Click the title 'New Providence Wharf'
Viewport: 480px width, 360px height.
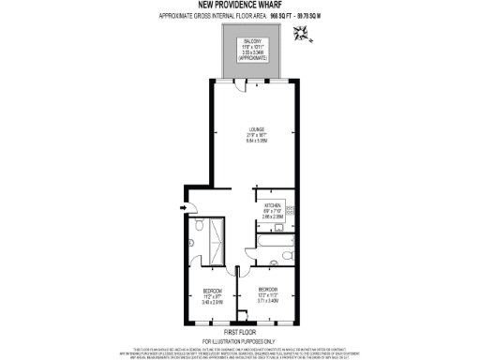coord(239,6)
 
